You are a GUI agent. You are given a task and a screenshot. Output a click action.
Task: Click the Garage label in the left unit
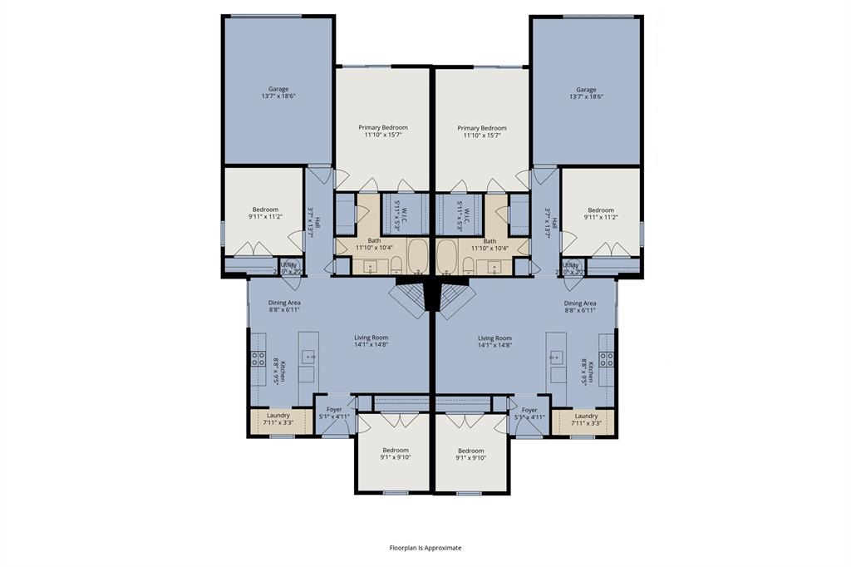click(x=278, y=89)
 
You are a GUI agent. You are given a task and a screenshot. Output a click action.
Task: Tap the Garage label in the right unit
click(x=586, y=89)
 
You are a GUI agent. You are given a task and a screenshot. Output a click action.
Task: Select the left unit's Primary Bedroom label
click(x=383, y=127)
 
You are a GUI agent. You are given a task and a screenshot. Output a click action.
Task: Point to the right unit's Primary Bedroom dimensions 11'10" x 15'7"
click(x=481, y=136)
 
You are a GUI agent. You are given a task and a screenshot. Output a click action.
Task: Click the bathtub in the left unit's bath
click(x=416, y=257)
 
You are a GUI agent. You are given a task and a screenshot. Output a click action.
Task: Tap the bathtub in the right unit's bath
click(x=447, y=257)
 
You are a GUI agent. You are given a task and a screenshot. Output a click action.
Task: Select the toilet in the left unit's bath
click(x=396, y=265)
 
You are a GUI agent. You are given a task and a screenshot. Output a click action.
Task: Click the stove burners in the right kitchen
click(x=608, y=359)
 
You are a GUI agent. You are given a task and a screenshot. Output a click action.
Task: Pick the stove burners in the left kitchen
click(x=258, y=359)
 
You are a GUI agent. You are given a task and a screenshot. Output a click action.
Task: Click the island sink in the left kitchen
click(x=308, y=357)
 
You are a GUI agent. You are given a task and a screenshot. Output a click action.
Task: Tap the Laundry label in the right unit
click(x=586, y=416)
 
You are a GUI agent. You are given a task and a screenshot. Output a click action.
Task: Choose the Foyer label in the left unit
click(x=334, y=409)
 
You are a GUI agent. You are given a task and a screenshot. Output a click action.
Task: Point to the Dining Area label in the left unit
click(x=284, y=303)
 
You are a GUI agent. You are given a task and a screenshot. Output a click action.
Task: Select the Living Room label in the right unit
click(x=494, y=338)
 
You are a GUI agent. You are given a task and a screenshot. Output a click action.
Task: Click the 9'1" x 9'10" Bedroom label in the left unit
click(x=396, y=450)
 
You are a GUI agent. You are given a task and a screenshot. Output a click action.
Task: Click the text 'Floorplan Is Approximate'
click(x=425, y=548)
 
